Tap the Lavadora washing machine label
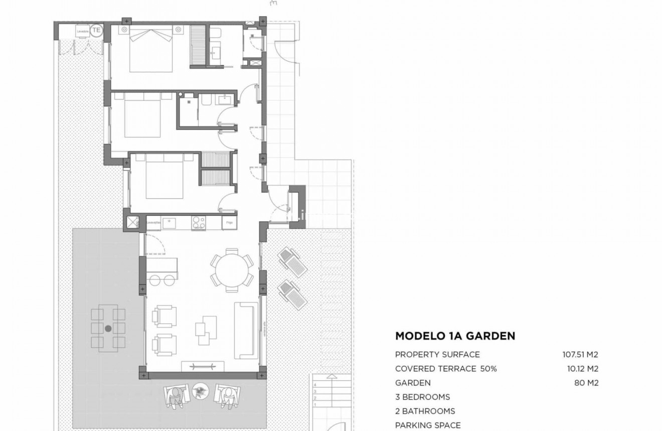[83, 32]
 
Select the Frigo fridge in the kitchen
[229, 222]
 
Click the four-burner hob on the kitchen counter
[198, 221]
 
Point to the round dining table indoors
[232, 269]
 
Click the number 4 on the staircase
[315, 385]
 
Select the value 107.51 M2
[580, 355]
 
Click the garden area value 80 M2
[586, 383]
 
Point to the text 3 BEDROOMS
[422, 397]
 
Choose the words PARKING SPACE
[428, 425]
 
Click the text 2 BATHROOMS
[425, 411]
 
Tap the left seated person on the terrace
[177, 394]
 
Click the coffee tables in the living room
[206, 330]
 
